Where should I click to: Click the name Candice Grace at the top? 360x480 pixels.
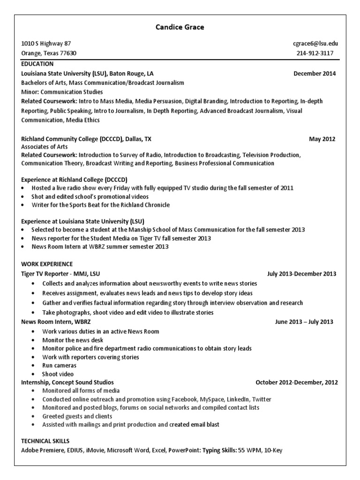(180, 27)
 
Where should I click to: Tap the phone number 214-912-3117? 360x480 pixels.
(315, 53)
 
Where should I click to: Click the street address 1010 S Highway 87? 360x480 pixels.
(46, 44)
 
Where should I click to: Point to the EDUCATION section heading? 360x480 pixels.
(37, 64)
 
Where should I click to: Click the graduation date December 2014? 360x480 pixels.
(315, 74)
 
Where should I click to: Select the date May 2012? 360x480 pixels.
(322, 139)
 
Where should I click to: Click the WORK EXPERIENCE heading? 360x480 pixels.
(47, 264)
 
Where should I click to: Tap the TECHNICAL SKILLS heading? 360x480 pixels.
(45, 441)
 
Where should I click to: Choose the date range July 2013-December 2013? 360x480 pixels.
(301, 274)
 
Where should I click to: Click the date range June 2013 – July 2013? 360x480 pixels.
(304, 322)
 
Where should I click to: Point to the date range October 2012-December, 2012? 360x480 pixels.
(296, 382)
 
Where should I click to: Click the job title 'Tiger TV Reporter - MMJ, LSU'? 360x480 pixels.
(60, 274)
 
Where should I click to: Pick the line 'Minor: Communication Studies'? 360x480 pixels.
(62, 92)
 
